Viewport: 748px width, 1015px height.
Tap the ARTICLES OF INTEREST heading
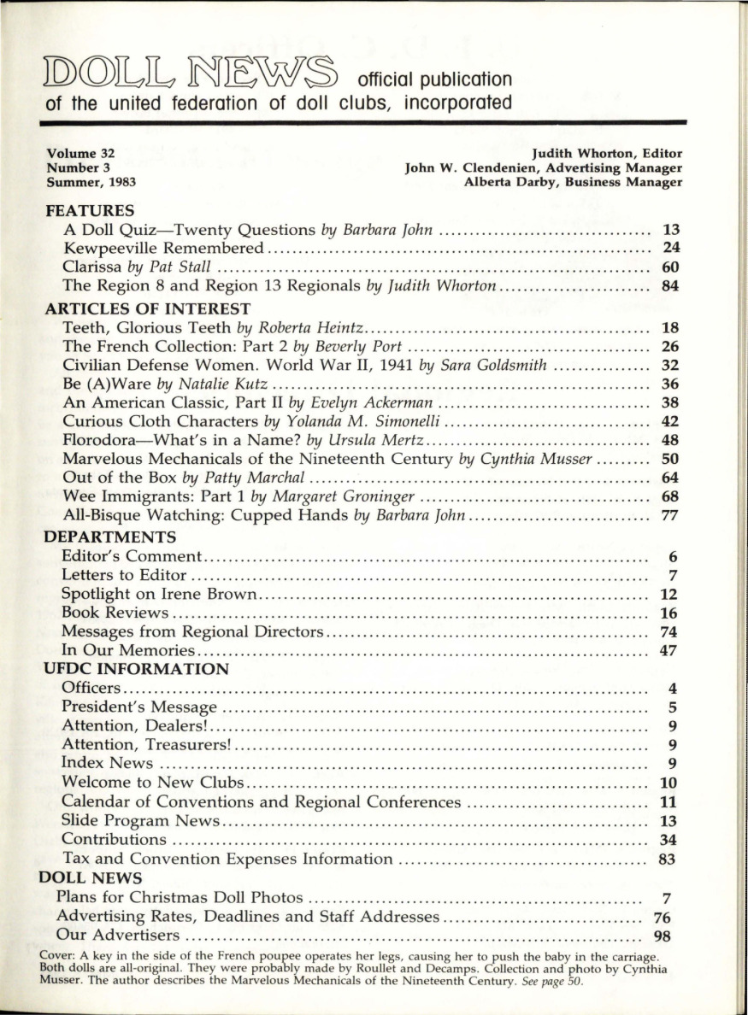click(147, 308)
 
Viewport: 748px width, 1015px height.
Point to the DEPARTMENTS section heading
click(110, 537)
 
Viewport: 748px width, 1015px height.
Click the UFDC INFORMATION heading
click(137, 669)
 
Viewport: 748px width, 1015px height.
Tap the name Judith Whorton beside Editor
click(583, 154)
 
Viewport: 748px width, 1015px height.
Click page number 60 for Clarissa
click(670, 267)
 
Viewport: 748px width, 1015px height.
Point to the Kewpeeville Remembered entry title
click(163, 248)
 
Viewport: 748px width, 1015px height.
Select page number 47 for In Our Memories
click(670, 651)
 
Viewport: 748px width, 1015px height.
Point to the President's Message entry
click(139, 707)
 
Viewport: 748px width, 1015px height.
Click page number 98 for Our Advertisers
click(663, 935)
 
